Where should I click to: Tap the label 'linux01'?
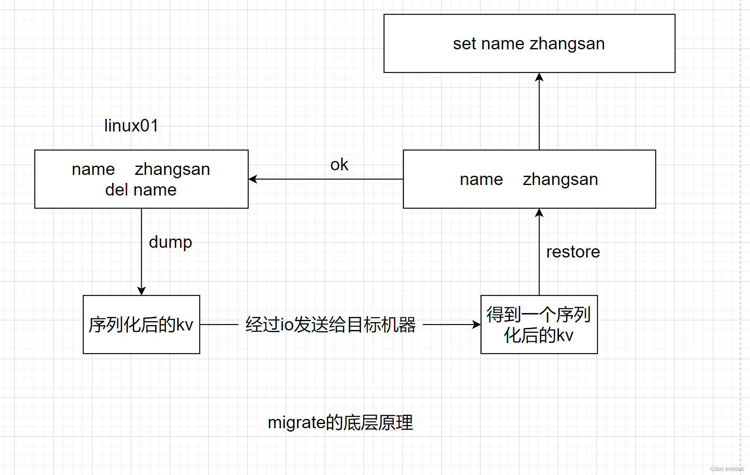[x=131, y=126]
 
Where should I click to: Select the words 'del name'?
[x=141, y=190]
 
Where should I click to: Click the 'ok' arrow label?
[x=339, y=165]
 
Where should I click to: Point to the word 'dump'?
[x=170, y=242]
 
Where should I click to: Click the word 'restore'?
[x=573, y=252]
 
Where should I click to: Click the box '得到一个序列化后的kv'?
[x=539, y=325]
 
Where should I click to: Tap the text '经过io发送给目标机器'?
[x=330, y=325]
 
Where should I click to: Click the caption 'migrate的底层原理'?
[x=340, y=422]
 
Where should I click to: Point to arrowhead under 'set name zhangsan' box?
[x=539, y=77]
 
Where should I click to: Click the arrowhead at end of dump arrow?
[x=141, y=291]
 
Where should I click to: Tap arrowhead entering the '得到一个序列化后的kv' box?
[x=476, y=325]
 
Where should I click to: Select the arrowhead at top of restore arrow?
[x=539, y=213]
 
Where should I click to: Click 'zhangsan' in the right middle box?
[x=560, y=180]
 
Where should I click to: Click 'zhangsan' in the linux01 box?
[x=172, y=169]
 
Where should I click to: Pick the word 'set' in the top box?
[x=464, y=44]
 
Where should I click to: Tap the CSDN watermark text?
[x=727, y=469]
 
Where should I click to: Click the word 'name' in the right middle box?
[x=481, y=180]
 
